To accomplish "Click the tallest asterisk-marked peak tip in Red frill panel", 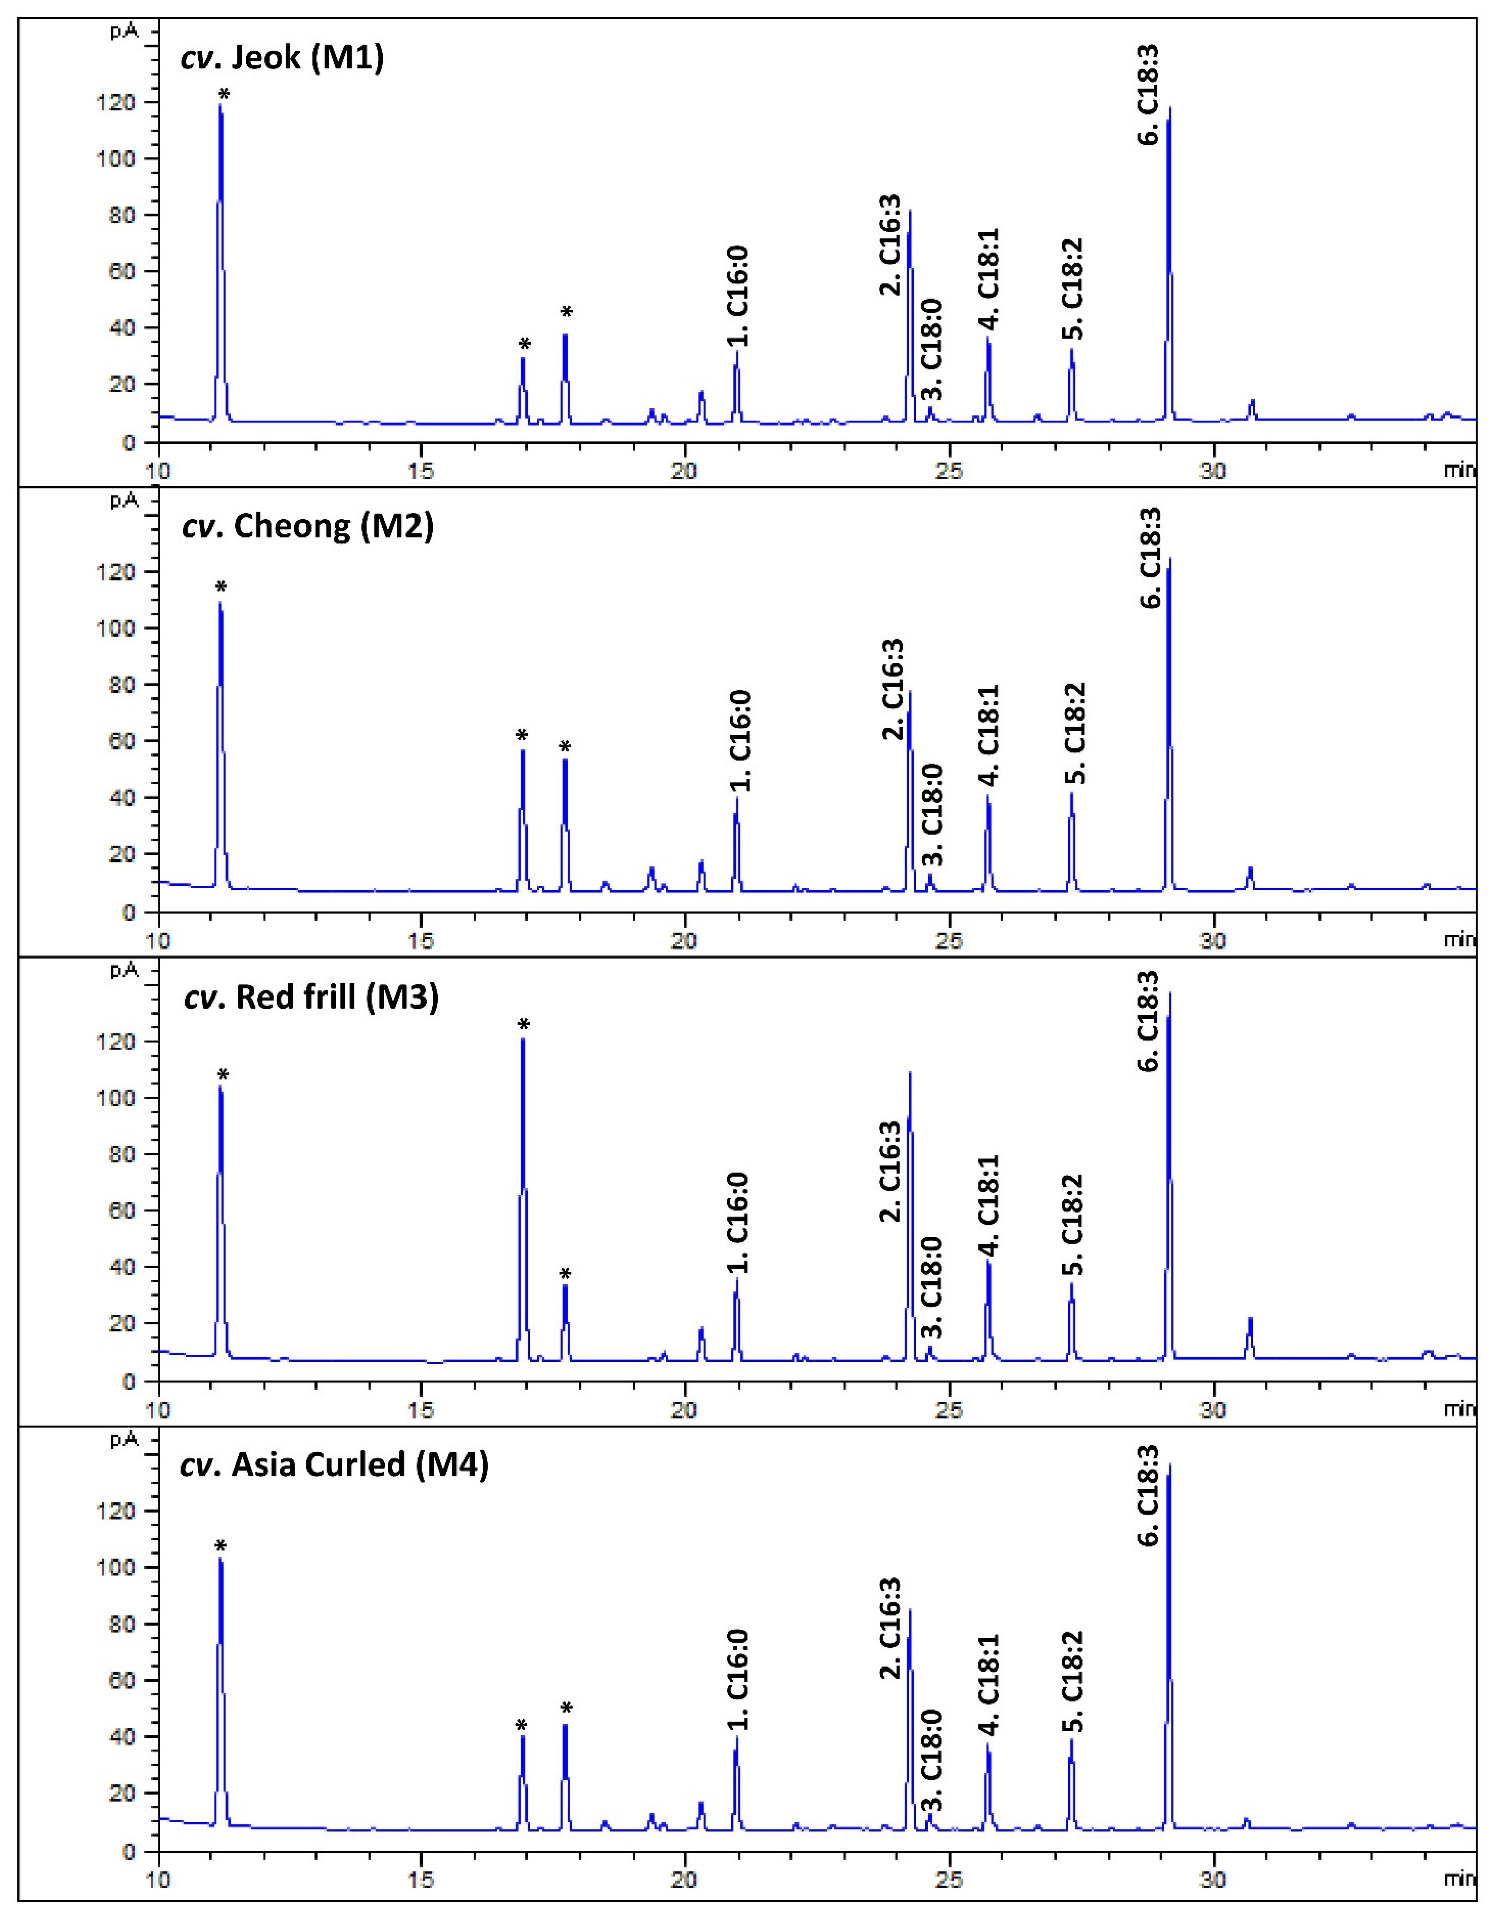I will (x=523, y=1039).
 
